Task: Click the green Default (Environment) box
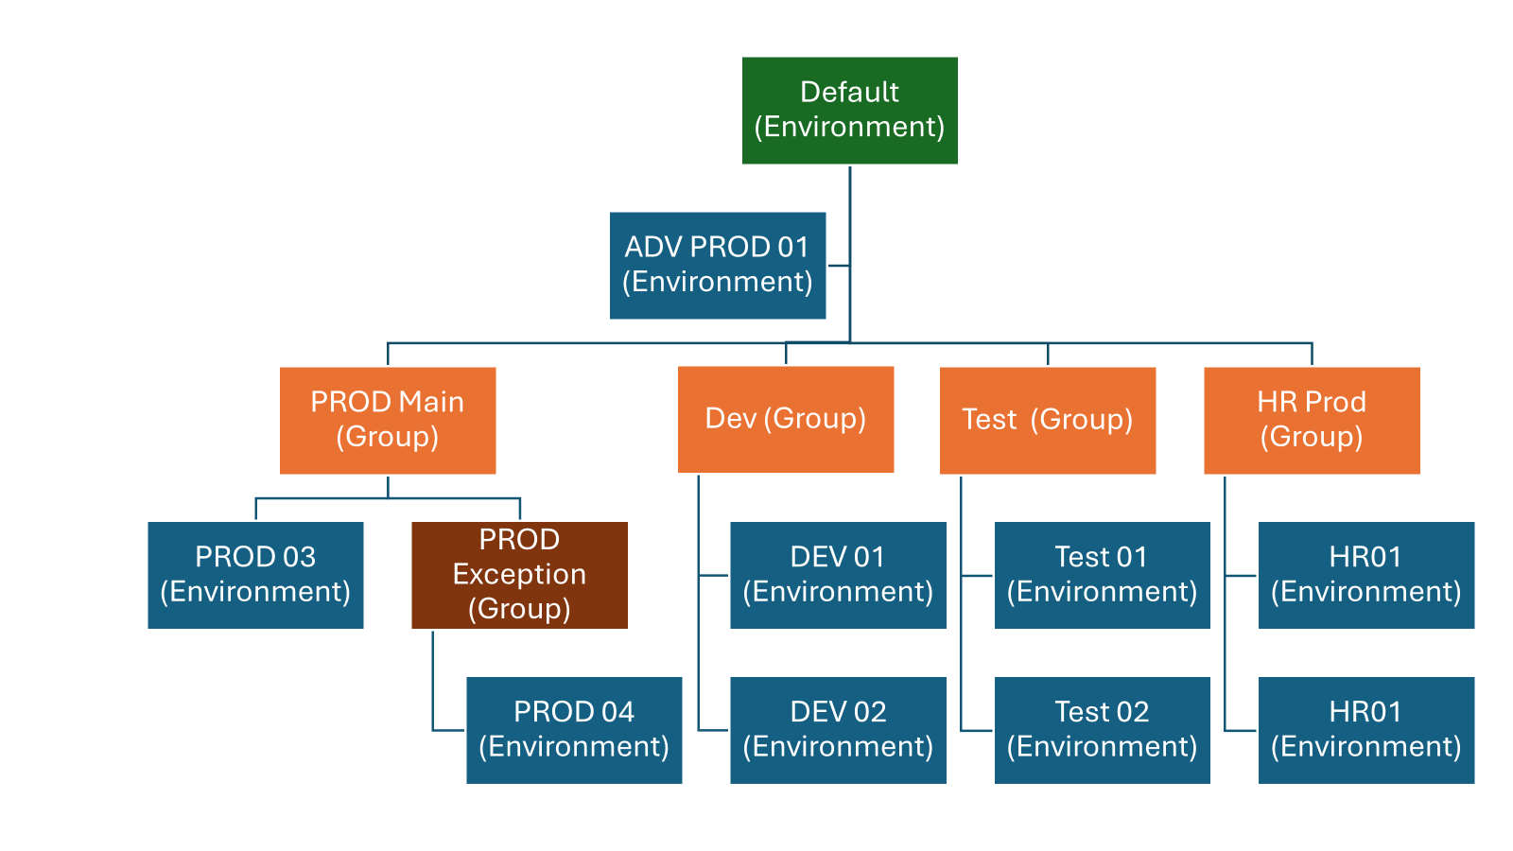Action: (x=849, y=111)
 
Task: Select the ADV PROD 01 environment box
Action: (x=717, y=265)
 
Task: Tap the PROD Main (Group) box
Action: (x=387, y=420)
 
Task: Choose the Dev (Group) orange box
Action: (x=785, y=419)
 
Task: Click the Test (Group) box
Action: (x=1047, y=420)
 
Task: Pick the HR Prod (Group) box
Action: (x=1311, y=420)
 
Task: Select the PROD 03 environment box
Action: (x=255, y=575)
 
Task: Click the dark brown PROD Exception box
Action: (x=519, y=575)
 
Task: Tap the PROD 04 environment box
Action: (x=573, y=729)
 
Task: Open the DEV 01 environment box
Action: (x=837, y=575)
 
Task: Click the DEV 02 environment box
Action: (x=837, y=729)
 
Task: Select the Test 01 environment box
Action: (x=1102, y=575)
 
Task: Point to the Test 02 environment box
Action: (x=1102, y=729)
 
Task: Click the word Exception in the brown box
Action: (x=519, y=574)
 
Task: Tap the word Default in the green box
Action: (x=849, y=92)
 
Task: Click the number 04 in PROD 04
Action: (x=617, y=712)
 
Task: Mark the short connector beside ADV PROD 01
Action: (x=838, y=266)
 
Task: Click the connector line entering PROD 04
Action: (x=448, y=730)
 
